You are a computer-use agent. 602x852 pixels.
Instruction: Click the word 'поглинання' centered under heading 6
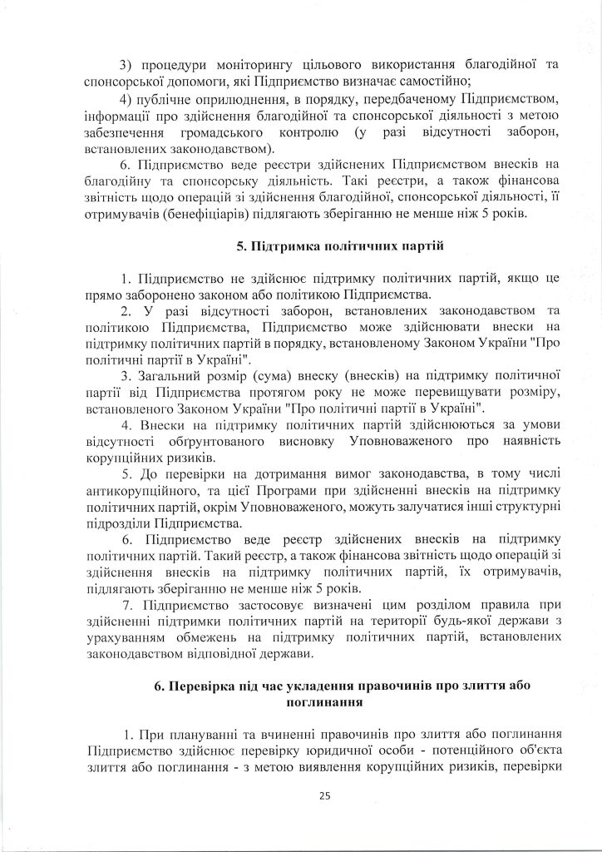[323, 701]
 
